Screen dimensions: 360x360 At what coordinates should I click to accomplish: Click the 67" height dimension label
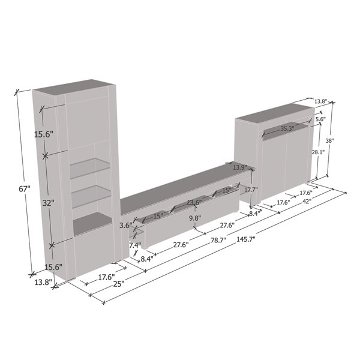pos(24,188)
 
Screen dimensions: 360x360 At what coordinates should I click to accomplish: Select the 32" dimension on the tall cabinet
pos(49,203)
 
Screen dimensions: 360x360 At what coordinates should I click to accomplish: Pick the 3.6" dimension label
pos(125,226)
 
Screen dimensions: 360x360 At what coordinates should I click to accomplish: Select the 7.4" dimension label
pos(134,245)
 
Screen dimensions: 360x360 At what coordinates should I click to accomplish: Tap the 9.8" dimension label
pos(194,218)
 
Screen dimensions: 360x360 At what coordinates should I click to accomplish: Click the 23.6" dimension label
pos(194,203)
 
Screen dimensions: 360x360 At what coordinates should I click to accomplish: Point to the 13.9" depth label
pos(240,167)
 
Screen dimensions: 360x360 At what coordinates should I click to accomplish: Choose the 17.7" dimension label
pos(251,190)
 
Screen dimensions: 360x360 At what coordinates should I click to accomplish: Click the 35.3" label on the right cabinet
pos(287,128)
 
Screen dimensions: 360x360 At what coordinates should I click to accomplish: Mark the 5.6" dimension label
pos(320,119)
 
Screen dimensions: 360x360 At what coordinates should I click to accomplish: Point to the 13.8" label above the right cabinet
pos(320,101)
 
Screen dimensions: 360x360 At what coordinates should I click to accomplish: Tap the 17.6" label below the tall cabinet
pos(106,277)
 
